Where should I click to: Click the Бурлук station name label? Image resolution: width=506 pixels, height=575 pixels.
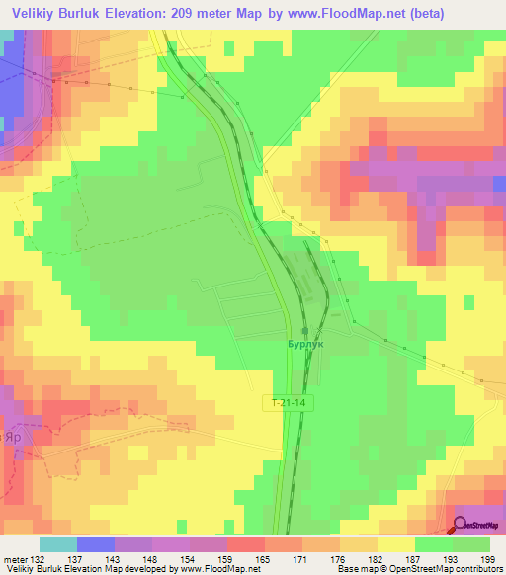307,346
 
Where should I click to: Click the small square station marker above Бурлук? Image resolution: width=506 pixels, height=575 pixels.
305,331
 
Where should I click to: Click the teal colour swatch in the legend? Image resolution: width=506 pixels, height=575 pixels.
58,544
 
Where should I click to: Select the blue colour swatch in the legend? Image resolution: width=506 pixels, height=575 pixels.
96,544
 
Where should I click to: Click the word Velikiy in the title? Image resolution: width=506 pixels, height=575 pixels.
37,14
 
